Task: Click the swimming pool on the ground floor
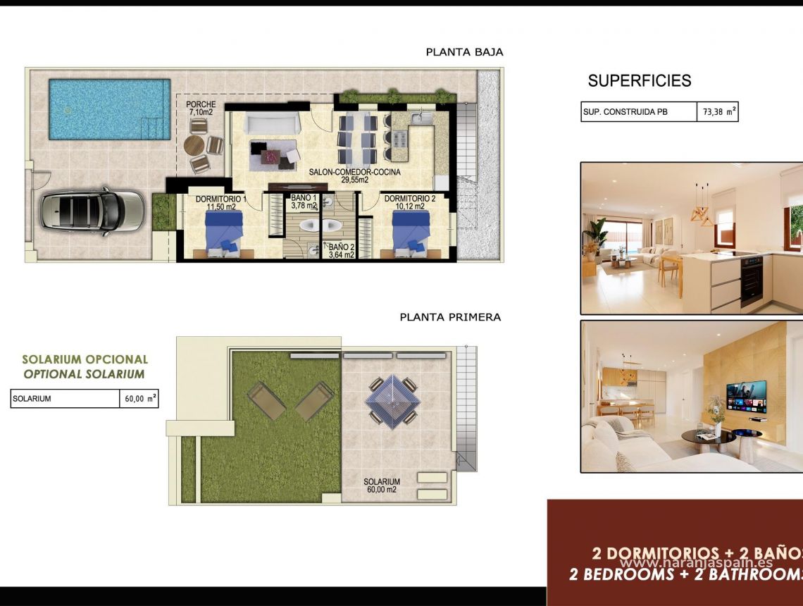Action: click(x=109, y=109)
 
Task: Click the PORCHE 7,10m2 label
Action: click(x=201, y=109)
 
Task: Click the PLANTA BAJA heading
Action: click(x=464, y=52)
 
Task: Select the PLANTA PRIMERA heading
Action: click(x=450, y=317)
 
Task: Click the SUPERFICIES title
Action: click(x=640, y=81)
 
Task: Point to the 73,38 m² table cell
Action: click(x=719, y=112)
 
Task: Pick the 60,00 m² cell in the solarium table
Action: click(x=140, y=399)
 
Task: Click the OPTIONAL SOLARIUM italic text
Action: click(x=84, y=374)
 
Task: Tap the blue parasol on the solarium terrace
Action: click(x=392, y=400)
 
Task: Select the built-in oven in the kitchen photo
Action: click(x=752, y=280)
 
